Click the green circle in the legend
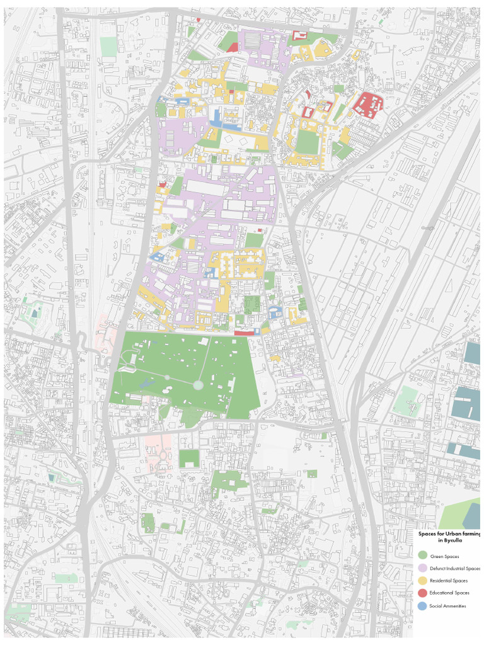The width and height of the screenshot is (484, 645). pyautogui.click(x=422, y=556)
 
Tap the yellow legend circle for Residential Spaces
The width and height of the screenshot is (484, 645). pyautogui.click(x=422, y=581)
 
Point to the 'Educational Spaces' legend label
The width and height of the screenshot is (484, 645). pyautogui.click(x=449, y=593)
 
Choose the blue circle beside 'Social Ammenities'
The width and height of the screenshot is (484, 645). pyautogui.click(x=422, y=605)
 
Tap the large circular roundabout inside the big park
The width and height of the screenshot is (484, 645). pyautogui.click(x=198, y=385)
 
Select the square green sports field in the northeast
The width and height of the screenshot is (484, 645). pyautogui.click(x=308, y=142)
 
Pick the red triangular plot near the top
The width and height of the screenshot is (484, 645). pyautogui.click(x=232, y=47)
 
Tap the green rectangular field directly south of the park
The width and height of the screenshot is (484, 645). pyautogui.click(x=188, y=459)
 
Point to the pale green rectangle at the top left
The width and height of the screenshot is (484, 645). pyautogui.click(x=108, y=47)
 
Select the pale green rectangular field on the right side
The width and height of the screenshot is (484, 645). pyautogui.click(x=408, y=401)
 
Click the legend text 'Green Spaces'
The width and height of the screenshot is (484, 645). pyautogui.click(x=444, y=556)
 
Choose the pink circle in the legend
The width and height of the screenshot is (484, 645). pyautogui.click(x=422, y=568)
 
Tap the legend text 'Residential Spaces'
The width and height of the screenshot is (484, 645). pyautogui.click(x=449, y=581)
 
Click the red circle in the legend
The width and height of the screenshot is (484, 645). pyautogui.click(x=422, y=593)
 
